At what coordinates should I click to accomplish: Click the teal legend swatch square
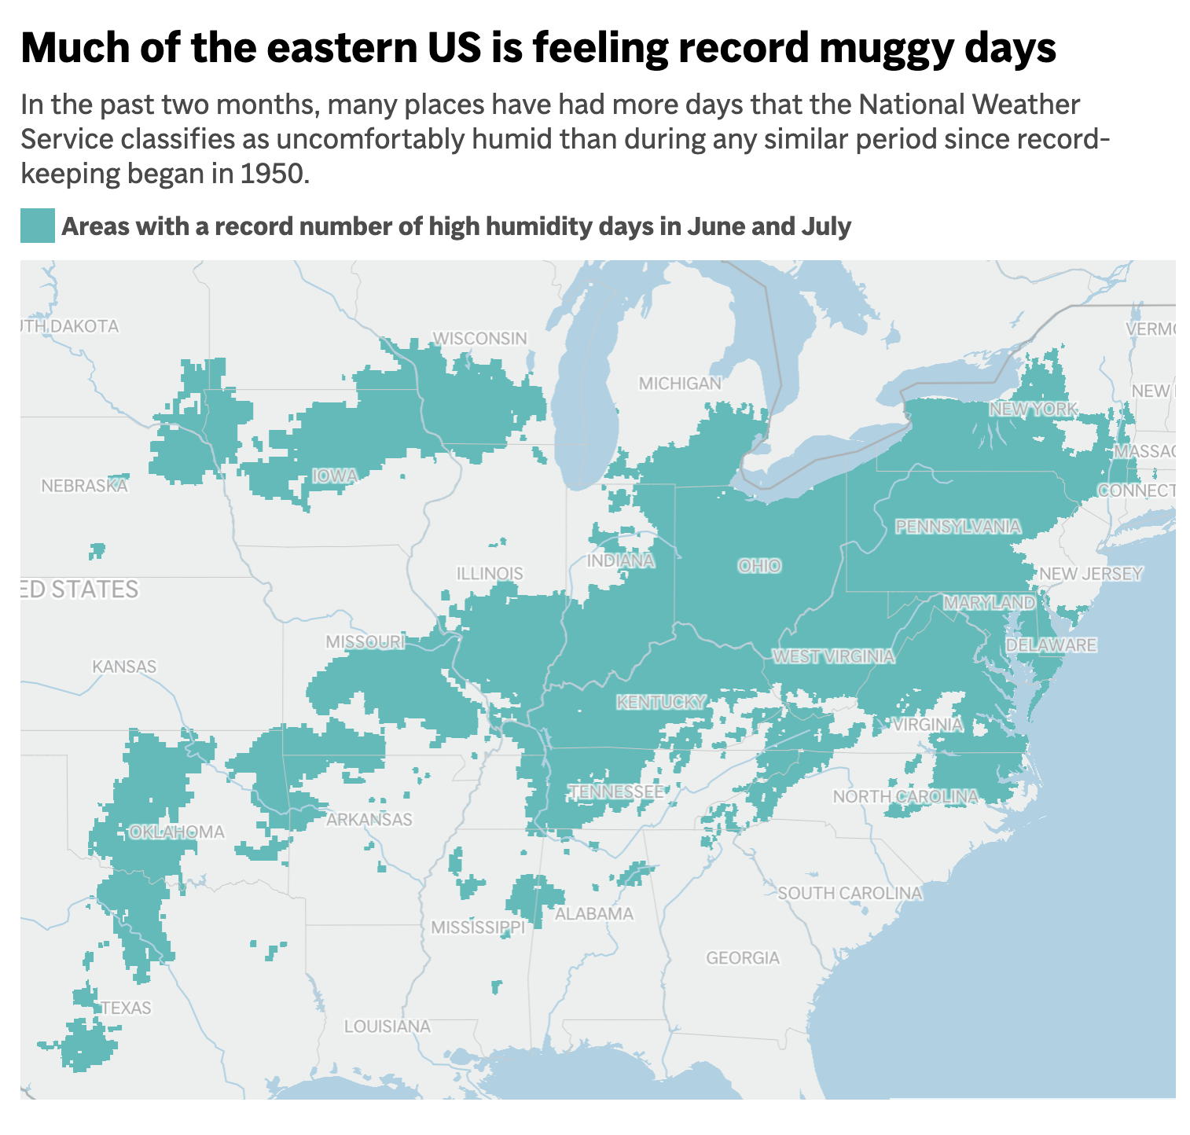pos(37,226)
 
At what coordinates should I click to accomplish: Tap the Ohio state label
pos(759,565)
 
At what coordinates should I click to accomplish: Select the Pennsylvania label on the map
pos(958,526)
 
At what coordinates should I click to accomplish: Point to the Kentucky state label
pos(661,702)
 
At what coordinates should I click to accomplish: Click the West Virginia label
pos(833,656)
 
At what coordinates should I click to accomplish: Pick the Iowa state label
pos(335,476)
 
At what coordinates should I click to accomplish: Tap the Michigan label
pos(680,384)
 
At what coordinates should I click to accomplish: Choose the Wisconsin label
pos(480,338)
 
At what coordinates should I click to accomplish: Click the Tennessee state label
pos(617,792)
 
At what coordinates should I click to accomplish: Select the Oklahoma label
pos(177,832)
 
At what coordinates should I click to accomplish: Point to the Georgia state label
pos(743,957)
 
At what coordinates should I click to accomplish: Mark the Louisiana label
pos(387,1026)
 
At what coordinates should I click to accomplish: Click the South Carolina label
pos(850,893)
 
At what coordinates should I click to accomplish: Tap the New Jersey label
pos(1091,574)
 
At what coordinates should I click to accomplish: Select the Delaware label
pos(1051,645)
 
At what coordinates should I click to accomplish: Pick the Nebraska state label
pos(84,486)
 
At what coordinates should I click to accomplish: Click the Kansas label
pos(124,667)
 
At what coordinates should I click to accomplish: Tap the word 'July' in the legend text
pos(826,226)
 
